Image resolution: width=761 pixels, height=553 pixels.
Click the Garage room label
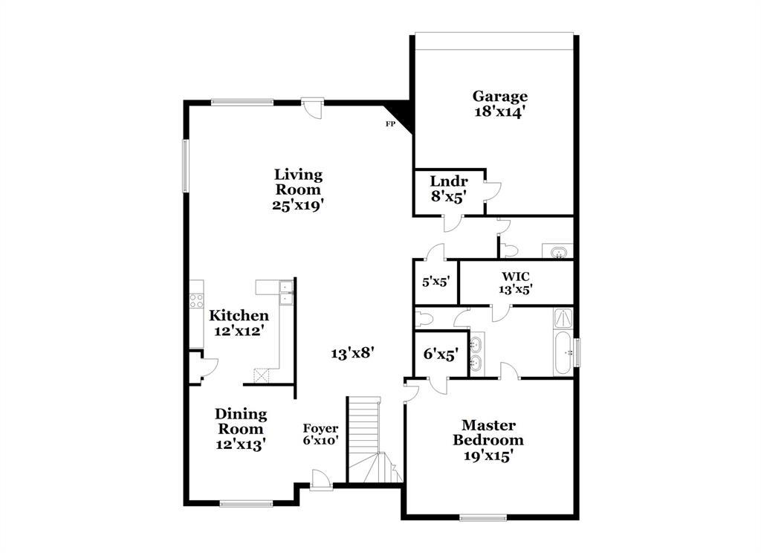500,97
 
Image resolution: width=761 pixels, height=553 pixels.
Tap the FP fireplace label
389,124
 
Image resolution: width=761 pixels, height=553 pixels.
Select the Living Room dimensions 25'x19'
298,204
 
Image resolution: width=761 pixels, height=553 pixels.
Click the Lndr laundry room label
449,182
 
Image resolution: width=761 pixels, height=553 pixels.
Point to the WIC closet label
515,276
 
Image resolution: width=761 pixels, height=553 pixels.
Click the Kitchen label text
239,316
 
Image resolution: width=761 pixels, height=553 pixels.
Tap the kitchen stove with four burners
196,300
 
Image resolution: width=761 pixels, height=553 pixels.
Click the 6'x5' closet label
440,355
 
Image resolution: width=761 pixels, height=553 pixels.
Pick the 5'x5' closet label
435,282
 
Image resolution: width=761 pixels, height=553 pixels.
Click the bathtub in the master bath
563,354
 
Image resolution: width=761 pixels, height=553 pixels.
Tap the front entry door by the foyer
321,482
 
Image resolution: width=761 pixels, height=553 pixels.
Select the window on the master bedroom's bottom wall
482,517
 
